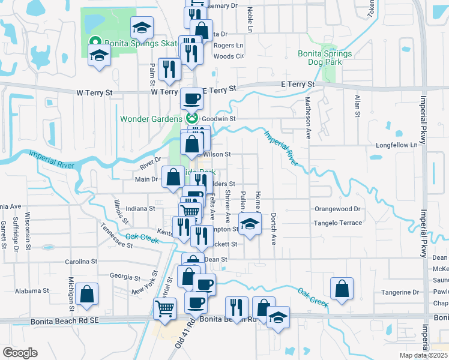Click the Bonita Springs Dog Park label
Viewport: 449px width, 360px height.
[x=325, y=57]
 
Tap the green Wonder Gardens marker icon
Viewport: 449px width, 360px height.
[x=192, y=118]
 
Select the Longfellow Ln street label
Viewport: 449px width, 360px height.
[x=396, y=145]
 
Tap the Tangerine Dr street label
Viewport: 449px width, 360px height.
[x=399, y=293]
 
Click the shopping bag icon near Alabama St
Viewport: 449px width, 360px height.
[x=87, y=294]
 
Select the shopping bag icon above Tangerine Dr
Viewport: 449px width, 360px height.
[x=342, y=287]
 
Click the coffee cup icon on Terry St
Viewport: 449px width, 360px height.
[x=191, y=98]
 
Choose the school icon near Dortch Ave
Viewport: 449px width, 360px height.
[x=249, y=224]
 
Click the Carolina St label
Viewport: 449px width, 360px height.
[x=81, y=262]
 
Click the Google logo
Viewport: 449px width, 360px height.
[x=19, y=353]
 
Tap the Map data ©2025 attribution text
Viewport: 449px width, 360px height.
[x=423, y=355]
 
